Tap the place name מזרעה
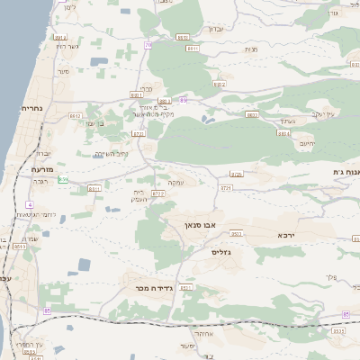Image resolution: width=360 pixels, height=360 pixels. coord(42,168)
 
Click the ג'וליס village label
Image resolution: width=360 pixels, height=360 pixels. coord(221,253)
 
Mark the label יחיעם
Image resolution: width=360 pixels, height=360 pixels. coord(307,143)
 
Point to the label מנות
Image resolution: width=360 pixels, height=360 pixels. coord(250,49)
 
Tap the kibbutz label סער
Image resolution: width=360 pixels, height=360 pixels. coord(63,70)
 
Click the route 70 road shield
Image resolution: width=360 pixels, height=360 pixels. coord(147,43)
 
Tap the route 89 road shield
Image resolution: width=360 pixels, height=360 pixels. coord(183,100)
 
